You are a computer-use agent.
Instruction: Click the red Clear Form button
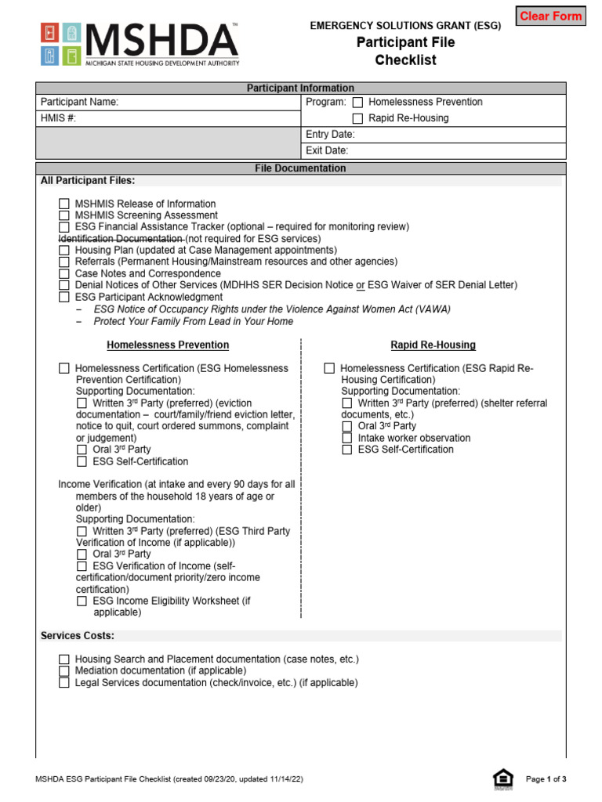click(550, 16)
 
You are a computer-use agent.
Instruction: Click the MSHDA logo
click(140, 45)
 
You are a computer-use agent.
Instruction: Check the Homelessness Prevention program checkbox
click(357, 103)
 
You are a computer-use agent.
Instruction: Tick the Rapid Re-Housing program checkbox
click(357, 119)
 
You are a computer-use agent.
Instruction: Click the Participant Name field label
click(79, 103)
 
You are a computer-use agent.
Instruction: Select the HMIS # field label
click(59, 119)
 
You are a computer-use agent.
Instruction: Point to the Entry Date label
click(330, 135)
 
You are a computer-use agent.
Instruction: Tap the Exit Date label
click(327, 151)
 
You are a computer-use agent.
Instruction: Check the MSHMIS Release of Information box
click(64, 204)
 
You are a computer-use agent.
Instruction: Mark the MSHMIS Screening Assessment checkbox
click(64, 215)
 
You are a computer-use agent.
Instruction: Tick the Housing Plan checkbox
click(64, 251)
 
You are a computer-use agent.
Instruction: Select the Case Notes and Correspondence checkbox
click(64, 274)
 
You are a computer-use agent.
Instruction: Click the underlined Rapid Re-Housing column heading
click(433, 345)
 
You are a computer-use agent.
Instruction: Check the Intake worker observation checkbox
click(347, 439)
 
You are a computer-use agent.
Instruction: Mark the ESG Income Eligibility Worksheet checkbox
click(82, 601)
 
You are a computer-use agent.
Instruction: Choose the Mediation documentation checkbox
click(64, 671)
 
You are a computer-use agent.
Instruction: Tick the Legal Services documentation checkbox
click(64, 683)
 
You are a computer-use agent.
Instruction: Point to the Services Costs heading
click(78, 636)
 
